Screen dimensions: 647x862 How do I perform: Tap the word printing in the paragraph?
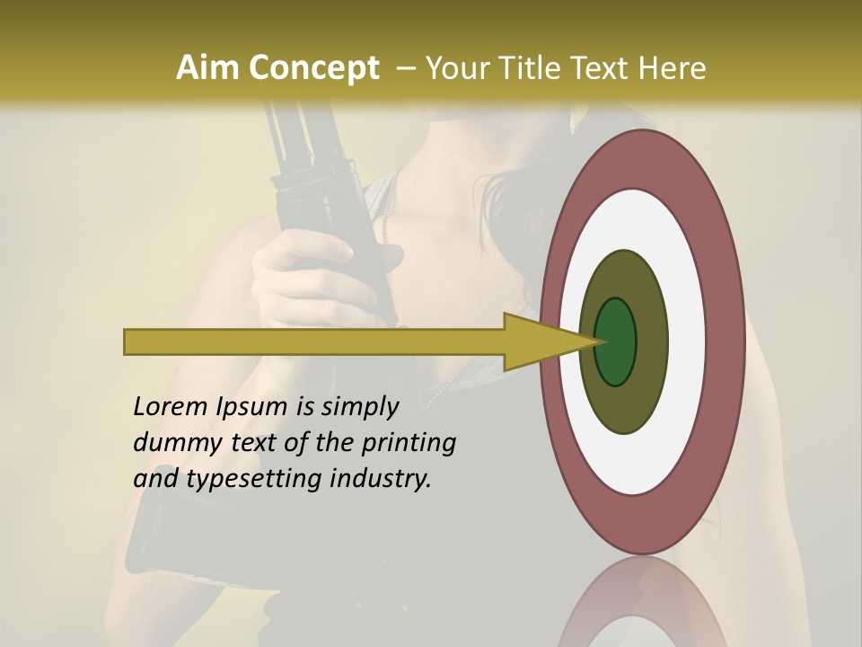pyautogui.click(x=409, y=444)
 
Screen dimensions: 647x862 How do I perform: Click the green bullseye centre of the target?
pyautogui.click(x=617, y=342)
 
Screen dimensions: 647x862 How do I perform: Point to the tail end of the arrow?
pyautogui.click(x=128, y=342)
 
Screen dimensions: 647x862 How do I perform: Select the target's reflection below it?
pyautogui.click(x=642, y=611)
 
